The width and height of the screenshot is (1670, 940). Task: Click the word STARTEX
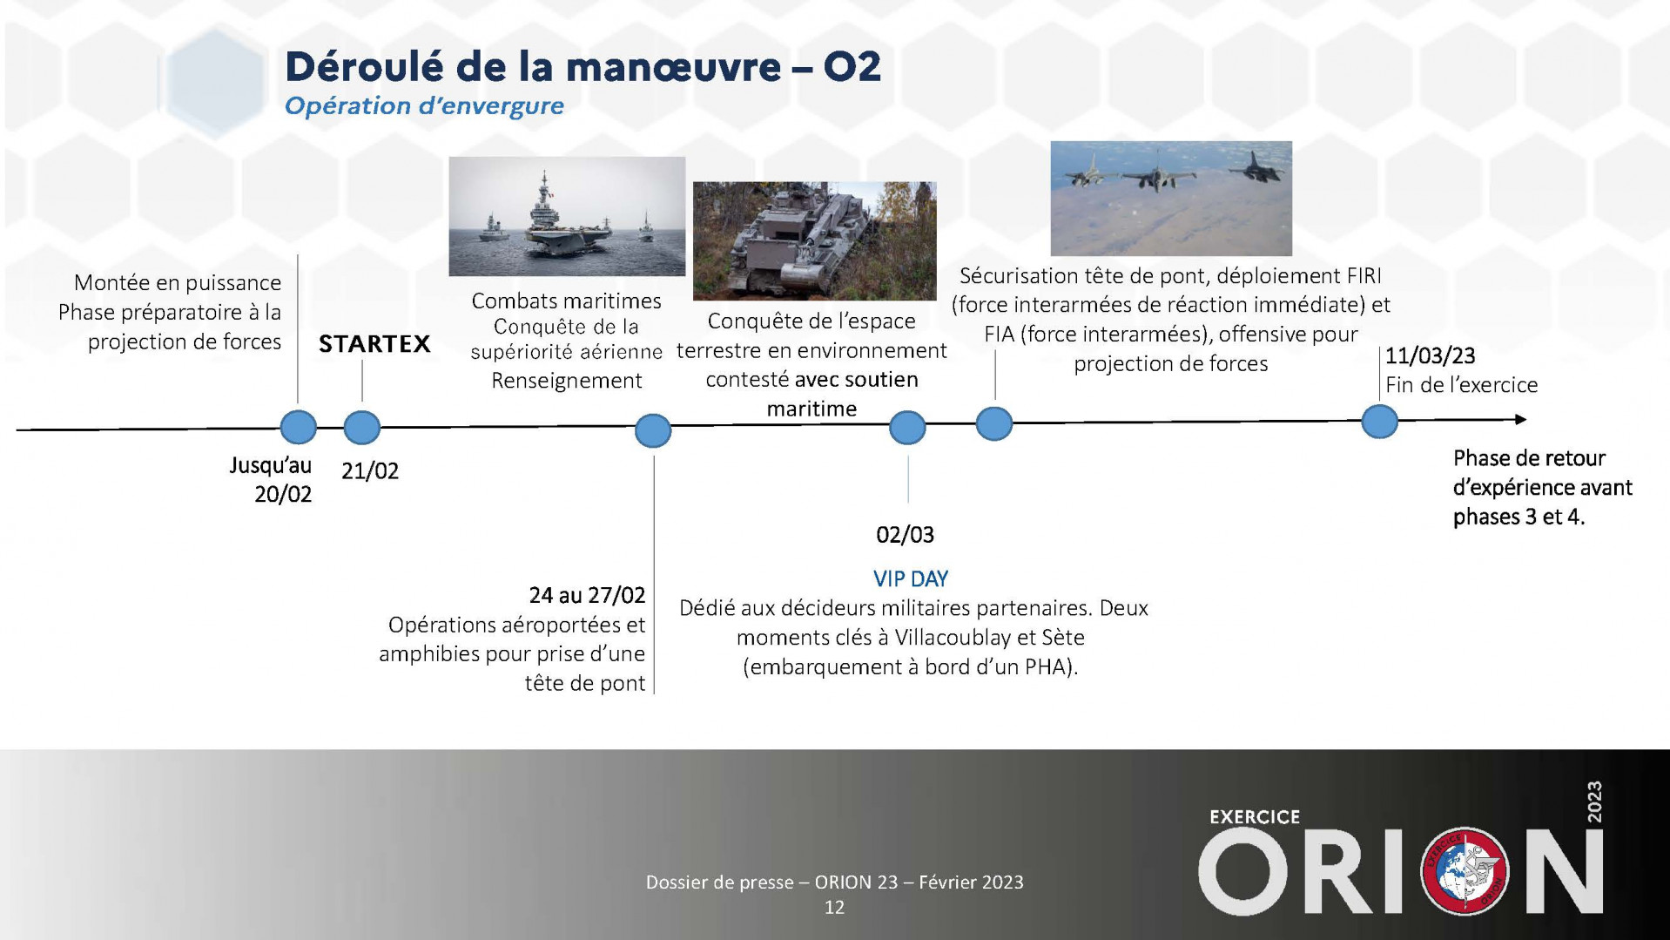[x=374, y=344]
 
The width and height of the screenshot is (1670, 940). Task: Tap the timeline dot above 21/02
[x=362, y=428]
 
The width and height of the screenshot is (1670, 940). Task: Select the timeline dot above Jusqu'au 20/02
[x=299, y=428]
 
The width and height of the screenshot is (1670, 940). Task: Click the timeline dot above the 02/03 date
[x=907, y=428]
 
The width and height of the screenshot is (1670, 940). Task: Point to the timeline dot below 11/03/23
[x=1379, y=422]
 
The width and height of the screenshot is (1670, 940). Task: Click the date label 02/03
[x=905, y=534]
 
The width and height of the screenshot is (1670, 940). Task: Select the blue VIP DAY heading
[x=911, y=578]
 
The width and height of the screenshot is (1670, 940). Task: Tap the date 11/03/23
[x=1431, y=355]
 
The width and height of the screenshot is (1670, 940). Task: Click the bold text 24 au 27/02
[x=587, y=595]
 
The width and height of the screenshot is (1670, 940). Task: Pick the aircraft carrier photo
[x=567, y=216]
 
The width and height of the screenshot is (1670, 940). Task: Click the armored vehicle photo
[x=814, y=240]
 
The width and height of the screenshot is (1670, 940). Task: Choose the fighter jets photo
[x=1171, y=198]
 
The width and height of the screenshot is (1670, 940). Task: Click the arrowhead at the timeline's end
[x=1520, y=420]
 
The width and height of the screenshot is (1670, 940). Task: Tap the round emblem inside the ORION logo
[x=1465, y=871]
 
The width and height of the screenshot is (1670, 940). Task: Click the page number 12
[x=834, y=908]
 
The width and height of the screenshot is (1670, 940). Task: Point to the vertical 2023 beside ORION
[x=1593, y=802]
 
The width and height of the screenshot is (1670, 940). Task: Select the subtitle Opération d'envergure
[x=424, y=106]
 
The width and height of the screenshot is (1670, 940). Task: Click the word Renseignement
[x=567, y=381]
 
